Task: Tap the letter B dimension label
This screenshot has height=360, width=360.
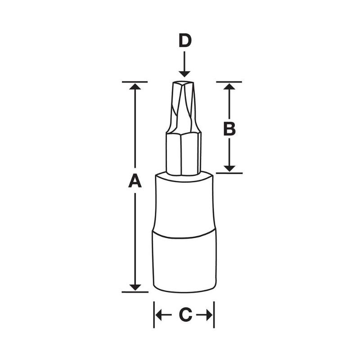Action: [229, 129]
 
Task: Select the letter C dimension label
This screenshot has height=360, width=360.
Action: [185, 315]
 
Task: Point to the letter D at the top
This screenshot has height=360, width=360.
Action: [184, 41]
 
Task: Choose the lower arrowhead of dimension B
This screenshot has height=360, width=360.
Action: [229, 168]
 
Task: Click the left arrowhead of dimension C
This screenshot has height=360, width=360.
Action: [158, 315]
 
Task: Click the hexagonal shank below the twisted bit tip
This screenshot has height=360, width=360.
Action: [183, 153]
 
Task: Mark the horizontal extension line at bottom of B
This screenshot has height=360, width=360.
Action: [229, 173]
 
